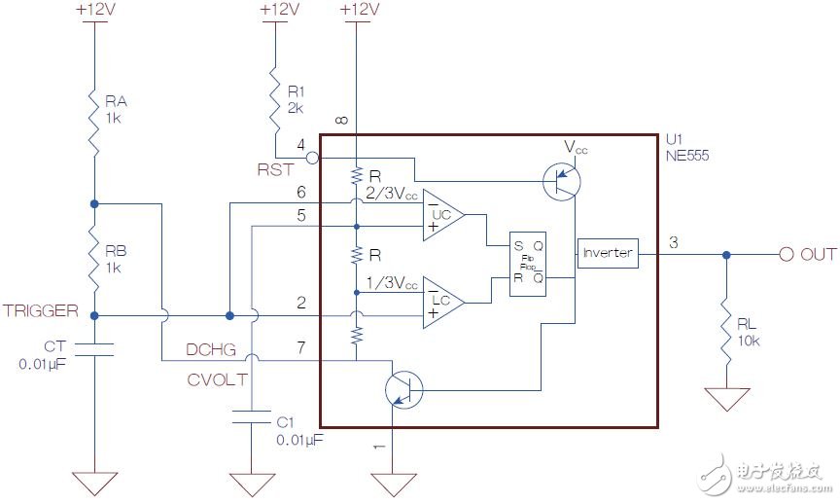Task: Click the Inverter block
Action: [x=608, y=253]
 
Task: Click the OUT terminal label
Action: [x=818, y=254]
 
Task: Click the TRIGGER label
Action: [x=40, y=311]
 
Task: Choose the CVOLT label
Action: [x=216, y=379]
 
